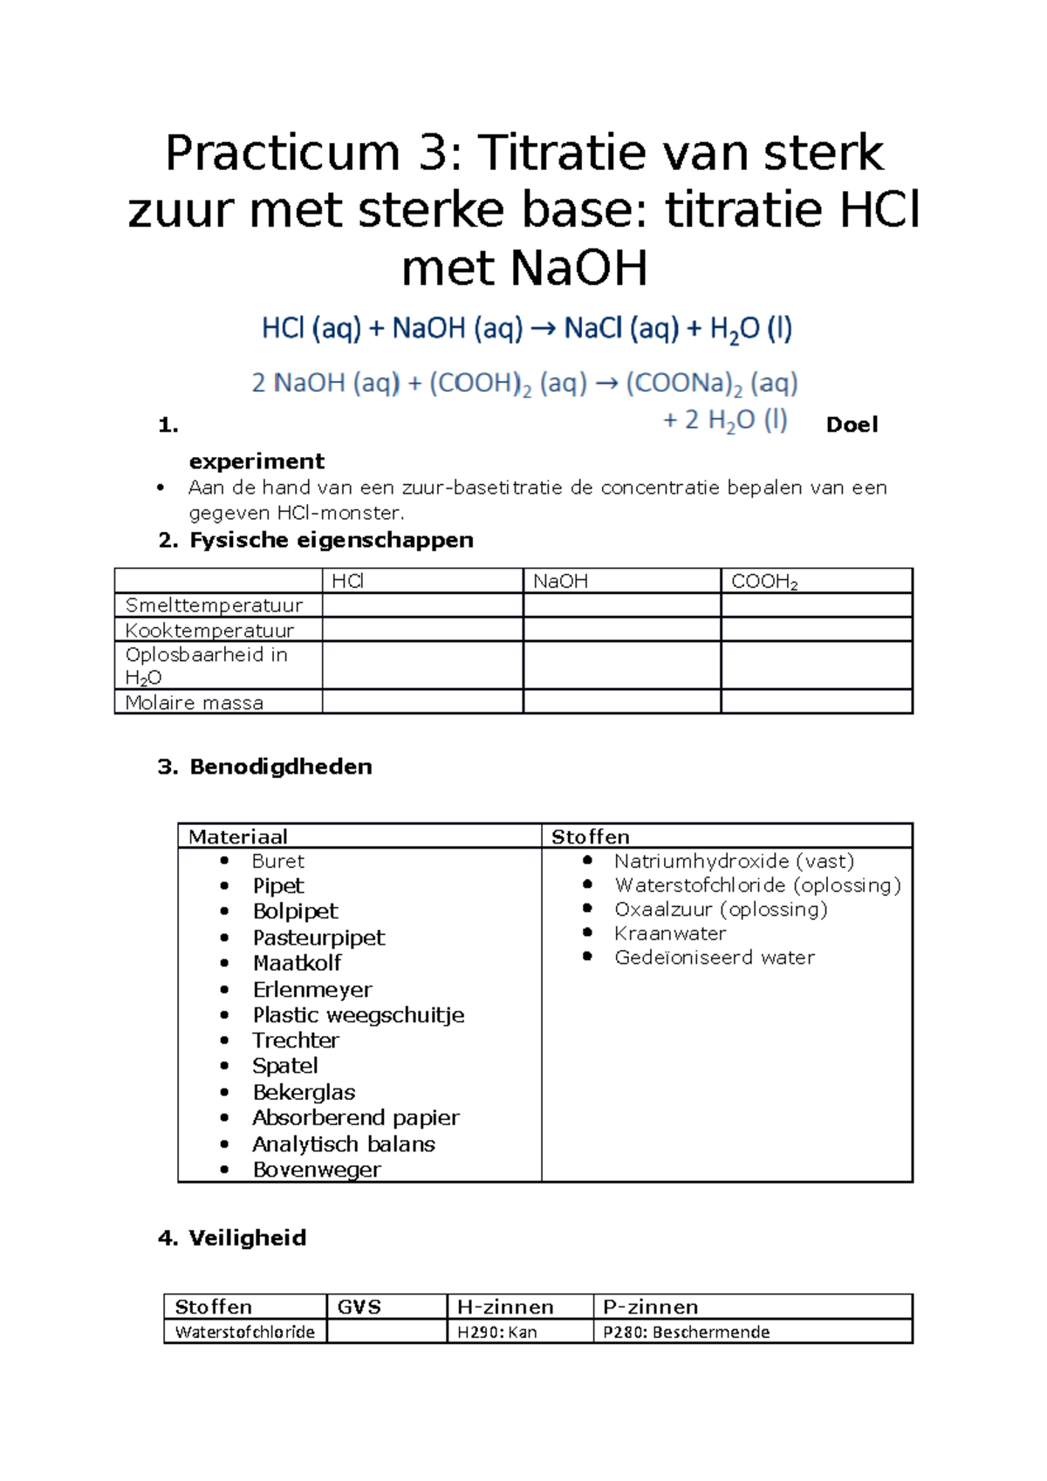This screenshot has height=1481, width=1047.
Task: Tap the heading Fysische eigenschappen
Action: [x=331, y=541]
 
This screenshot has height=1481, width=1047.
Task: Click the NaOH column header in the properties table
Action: [x=560, y=582]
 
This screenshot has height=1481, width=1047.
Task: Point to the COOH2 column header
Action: [x=764, y=582]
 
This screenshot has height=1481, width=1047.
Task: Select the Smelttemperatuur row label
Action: [x=214, y=605]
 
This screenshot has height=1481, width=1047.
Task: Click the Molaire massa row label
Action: [x=194, y=703]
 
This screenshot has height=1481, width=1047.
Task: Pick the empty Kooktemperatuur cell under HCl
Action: [x=422, y=630]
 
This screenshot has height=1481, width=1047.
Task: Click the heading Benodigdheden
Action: [x=280, y=768]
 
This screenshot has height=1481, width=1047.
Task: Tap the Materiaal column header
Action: [x=237, y=837]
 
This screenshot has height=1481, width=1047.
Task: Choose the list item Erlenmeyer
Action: [x=311, y=990]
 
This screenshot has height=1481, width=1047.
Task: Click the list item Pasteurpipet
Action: [x=318, y=938]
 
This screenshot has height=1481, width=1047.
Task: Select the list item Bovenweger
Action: [x=316, y=1170]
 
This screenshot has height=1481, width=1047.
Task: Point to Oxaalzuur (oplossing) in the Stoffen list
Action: [x=721, y=910]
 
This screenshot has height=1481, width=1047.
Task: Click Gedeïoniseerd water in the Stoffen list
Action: [x=714, y=958]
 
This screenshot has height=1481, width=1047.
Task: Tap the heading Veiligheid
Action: [x=247, y=1239]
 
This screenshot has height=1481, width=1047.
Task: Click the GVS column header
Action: [x=359, y=1307]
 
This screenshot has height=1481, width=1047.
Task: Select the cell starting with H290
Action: [x=497, y=1333]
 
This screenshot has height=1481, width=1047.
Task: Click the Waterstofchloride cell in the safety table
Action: [x=244, y=1333]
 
